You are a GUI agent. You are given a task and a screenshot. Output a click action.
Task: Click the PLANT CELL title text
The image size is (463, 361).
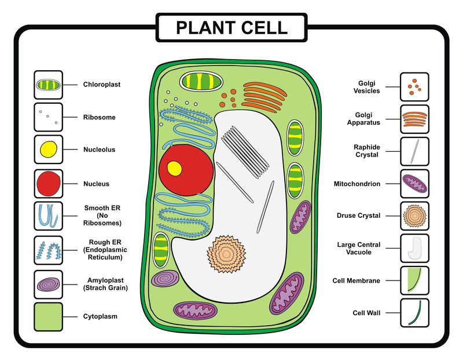(x=231, y=27)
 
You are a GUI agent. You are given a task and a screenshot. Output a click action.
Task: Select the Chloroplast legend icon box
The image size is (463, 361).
(x=48, y=85)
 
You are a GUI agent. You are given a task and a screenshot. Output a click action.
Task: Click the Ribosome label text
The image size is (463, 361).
(x=99, y=117)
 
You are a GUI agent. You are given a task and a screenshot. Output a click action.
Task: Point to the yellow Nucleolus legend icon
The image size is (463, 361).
(x=48, y=149)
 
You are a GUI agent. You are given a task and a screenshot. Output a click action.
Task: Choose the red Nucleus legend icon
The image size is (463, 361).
(x=48, y=183)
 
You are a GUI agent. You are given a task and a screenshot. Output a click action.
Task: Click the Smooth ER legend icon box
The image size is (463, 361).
(x=48, y=216)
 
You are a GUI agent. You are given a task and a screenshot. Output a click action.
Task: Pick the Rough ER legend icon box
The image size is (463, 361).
(x=48, y=250)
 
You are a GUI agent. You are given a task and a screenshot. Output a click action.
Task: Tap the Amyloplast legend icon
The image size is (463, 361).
(x=48, y=284)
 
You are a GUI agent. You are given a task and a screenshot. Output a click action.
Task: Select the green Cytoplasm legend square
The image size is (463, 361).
(x=48, y=316)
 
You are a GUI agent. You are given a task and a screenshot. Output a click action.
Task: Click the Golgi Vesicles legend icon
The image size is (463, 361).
(x=414, y=87)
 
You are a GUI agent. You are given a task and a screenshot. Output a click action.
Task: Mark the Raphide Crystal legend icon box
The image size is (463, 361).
(x=414, y=151)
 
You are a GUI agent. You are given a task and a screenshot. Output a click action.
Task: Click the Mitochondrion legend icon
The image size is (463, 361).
(x=414, y=184)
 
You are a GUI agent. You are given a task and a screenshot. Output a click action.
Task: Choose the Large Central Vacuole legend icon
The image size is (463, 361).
(x=414, y=248)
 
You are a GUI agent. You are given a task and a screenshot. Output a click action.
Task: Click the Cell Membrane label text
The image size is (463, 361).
(x=356, y=280)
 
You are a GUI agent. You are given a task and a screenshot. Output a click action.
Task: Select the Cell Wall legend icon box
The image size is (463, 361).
(x=414, y=313)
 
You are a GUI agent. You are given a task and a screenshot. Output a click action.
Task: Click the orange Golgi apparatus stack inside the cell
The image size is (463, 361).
(x=263, y=96)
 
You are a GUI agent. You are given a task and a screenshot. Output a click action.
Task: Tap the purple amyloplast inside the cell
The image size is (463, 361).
(x=165, y=279)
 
